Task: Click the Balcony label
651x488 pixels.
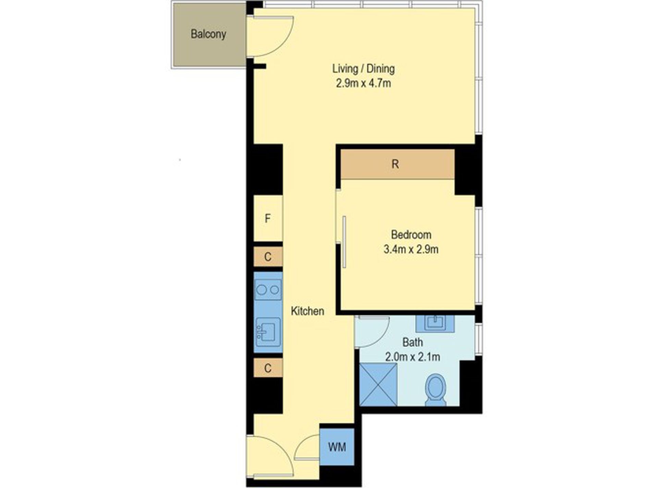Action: tap(208, 34)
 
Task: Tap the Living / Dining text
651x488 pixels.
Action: tap(363, 68)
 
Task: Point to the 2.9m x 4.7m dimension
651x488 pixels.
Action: tap(363, 83)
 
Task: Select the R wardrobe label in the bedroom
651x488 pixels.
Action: tap(395, 164)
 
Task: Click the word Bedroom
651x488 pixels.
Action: tap(411, 235)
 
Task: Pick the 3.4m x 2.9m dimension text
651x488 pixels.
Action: tap(411, 249)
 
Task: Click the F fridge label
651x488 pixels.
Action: tap(268, 218)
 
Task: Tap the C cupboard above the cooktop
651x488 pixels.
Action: tap(268, 256)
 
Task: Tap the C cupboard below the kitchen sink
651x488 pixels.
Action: tap(268, 368)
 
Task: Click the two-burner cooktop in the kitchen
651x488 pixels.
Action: tap(268, 290)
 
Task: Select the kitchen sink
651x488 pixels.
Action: tap(268, 331)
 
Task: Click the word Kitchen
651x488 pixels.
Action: tap(307, 311)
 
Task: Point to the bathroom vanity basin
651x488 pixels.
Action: tap(434, 323)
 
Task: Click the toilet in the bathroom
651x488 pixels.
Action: tap(435, 389)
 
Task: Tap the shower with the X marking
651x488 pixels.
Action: tap(378, 384)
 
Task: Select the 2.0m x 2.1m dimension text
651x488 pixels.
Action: tap(413, 357)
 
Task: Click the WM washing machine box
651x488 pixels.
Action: tap(337, 447)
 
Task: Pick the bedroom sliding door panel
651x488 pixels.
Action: tap(344, 241)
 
